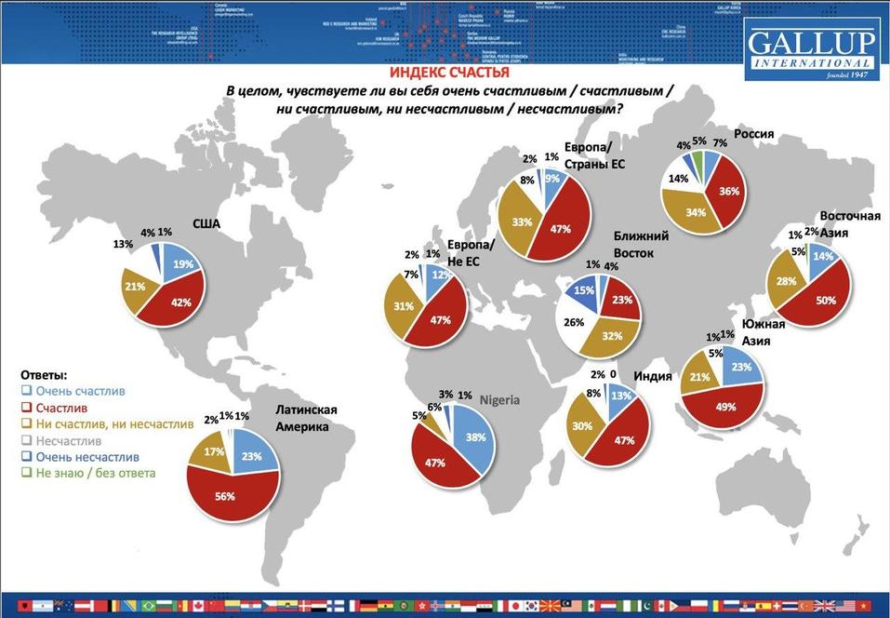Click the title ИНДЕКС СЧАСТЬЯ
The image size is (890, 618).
click(448, 72)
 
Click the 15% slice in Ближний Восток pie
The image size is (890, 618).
click(583, 291)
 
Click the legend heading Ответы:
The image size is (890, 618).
click(44, 375)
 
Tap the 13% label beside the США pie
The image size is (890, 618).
click(122, 244)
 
